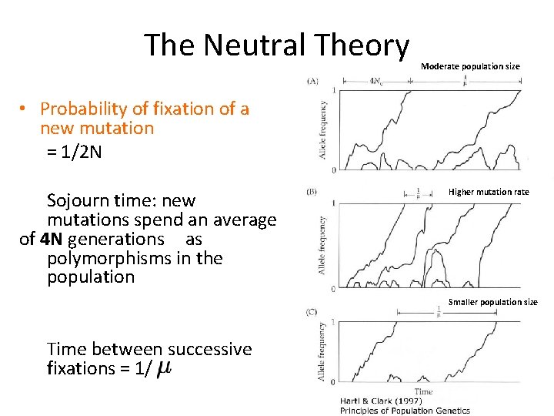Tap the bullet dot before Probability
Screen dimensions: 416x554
coord(25,109)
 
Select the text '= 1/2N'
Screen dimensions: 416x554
coord(74,152)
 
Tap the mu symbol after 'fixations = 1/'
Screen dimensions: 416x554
coord(164,369)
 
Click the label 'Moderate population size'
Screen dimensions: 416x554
coord(470,66)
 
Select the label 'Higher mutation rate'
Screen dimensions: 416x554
coord(489,191)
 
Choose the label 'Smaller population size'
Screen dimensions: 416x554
coord(492,302)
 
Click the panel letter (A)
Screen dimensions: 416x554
coord(312,80)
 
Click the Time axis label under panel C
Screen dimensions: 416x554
coord(423,391)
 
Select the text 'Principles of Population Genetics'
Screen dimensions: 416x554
coord(405,411)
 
